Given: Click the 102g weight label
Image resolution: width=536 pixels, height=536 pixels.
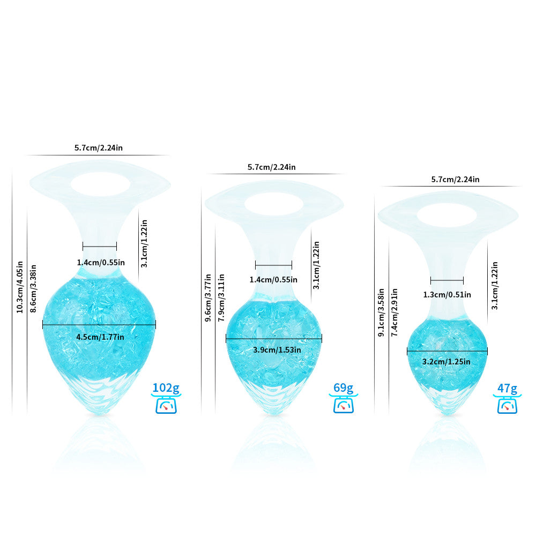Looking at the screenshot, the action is click(166, 388).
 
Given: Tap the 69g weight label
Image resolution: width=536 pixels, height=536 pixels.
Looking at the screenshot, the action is click(343, 388).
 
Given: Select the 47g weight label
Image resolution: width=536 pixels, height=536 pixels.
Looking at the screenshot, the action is click(507, 389).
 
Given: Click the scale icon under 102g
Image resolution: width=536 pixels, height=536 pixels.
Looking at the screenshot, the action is click(166, 404).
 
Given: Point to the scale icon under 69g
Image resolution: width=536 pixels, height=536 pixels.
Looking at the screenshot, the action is click(343, 404).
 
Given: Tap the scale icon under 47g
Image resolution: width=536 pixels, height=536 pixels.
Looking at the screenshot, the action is click(507, 405).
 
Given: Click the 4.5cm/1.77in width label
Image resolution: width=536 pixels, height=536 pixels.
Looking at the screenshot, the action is click(100, 337).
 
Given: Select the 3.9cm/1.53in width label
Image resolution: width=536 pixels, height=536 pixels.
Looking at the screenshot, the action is click(277, 350).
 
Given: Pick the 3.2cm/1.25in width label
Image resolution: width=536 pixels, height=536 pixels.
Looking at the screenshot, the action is click(446, 362).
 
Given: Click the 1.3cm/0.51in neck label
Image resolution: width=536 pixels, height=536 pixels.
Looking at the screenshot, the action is click(447, 295).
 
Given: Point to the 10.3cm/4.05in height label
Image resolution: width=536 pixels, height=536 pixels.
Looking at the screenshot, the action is click(20, 287).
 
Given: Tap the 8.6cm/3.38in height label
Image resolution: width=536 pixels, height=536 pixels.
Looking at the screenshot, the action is click(33, 288).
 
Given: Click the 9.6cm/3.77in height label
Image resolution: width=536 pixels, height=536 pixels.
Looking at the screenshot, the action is click(208, 297).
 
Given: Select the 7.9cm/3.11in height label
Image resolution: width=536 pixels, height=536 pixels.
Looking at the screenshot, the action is click(221, 297).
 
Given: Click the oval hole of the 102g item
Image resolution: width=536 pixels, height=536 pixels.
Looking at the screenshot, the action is click(101, 184).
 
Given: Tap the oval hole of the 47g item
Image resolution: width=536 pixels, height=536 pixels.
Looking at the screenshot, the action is click(447, 215).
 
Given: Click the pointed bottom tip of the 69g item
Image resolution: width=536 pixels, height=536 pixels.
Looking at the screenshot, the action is click(274, 415).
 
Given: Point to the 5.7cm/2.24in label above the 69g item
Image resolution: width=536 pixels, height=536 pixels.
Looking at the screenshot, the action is click(271, 167).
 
